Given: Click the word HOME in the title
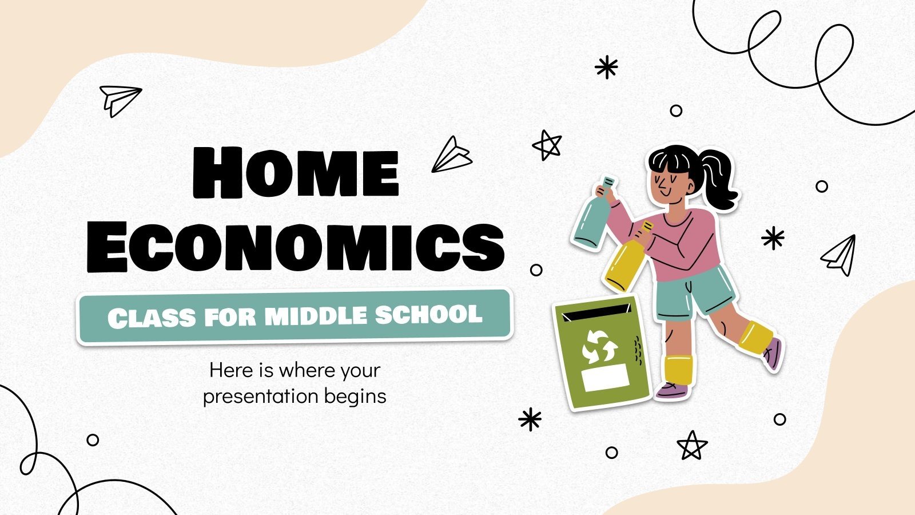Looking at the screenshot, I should pos(295,172).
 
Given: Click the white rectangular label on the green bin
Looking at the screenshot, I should pos(605,378).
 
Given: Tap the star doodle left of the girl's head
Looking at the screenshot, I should pos(547,145).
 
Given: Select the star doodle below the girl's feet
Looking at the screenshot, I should pos(692,445).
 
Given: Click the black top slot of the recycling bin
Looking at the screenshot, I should pos(595,312).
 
